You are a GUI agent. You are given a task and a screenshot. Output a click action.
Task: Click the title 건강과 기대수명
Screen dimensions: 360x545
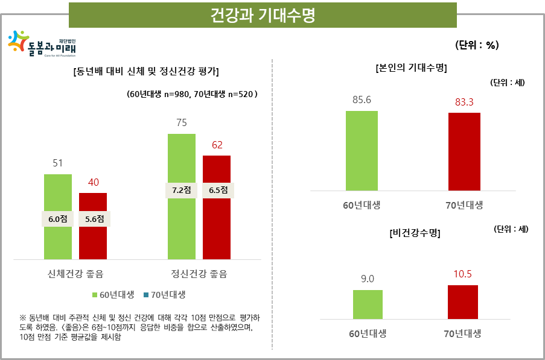(x=263, y=15)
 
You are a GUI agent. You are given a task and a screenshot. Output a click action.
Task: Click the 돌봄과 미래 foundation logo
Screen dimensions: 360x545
(x=42, y=44)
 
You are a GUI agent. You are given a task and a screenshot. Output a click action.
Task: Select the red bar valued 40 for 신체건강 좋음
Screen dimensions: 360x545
(x=93, y=241)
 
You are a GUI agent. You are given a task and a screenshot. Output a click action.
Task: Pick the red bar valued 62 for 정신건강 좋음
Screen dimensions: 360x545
(x=217, y=229)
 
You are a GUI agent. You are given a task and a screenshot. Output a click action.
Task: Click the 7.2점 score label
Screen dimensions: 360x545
(x=181, y=190)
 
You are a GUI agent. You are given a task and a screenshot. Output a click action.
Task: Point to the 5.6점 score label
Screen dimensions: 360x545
(x=94, y=219)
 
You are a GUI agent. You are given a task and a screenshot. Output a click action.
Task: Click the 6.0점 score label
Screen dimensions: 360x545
(x=58, y=219)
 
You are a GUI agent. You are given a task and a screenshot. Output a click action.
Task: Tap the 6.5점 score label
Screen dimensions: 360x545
(x=217, y=190)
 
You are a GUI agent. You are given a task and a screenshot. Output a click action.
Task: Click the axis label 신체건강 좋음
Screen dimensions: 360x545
(x=75, y=274)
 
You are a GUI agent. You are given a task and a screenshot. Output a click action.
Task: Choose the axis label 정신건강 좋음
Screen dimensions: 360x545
(x=199, y=274)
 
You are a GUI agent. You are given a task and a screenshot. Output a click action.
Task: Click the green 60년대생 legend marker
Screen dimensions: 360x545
(x=95, y=295)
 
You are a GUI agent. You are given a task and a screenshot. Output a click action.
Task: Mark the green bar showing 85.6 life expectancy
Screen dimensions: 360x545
(x=362, y=151)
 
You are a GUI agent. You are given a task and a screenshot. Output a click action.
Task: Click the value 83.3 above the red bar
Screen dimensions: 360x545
(x=464, y=103)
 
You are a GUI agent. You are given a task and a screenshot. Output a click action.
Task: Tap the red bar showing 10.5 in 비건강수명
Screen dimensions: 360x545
(x=463, y=302)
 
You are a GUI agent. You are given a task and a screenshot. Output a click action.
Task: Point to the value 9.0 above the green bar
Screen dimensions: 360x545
(x=368, y=279)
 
